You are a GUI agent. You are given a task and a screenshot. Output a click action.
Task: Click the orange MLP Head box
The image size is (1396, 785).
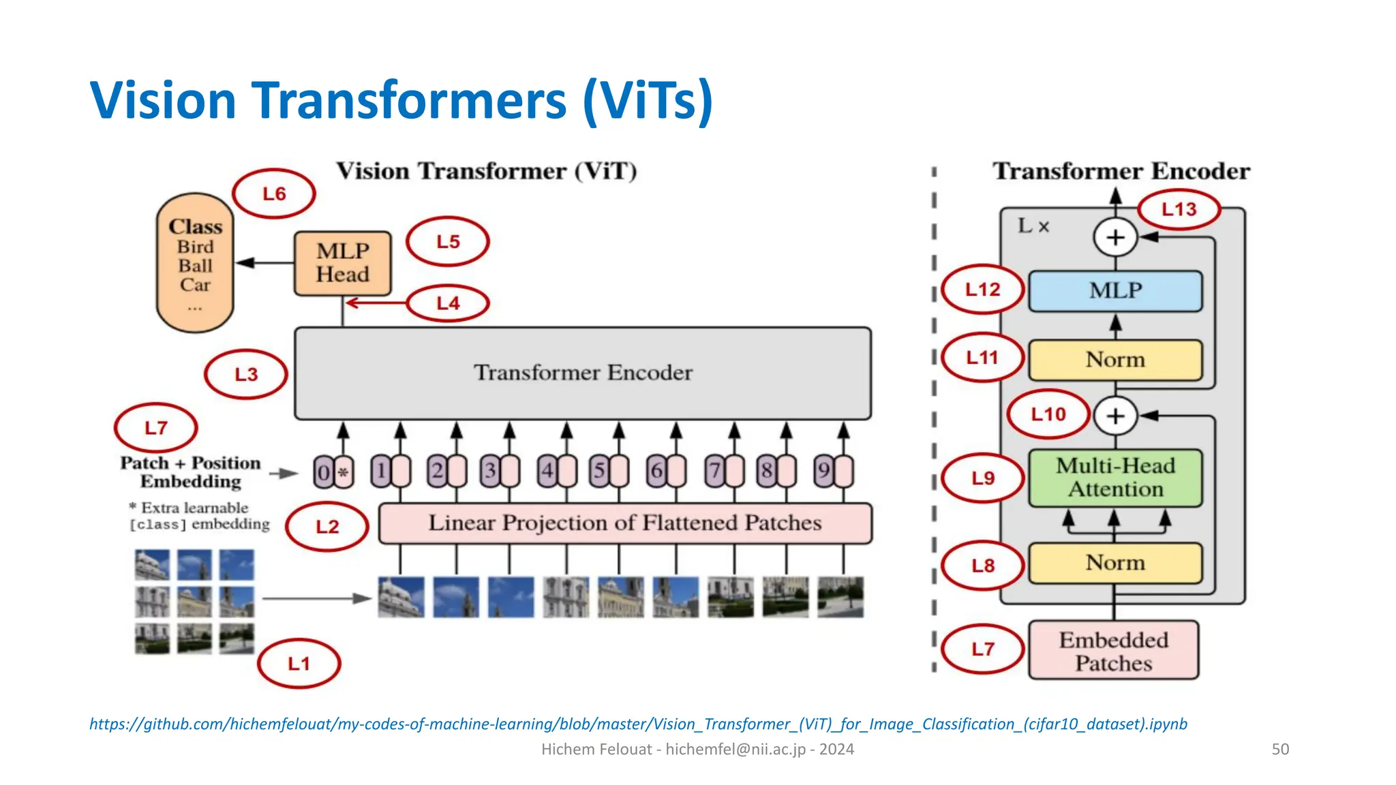coord(342,263)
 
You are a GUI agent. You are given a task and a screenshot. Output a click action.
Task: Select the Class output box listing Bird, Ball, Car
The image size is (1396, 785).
coord(195,263)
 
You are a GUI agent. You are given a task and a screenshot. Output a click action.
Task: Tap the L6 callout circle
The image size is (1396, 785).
coord(274,194)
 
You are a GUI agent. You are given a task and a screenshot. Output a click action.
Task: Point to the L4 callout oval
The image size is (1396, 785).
coord(448,303)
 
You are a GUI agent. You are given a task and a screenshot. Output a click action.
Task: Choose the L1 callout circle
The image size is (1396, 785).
coord(299,663)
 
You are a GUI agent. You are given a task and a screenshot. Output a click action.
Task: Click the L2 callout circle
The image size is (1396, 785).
coord(327,526)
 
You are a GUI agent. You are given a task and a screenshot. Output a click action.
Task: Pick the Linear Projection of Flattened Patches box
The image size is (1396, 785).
coord(624,523)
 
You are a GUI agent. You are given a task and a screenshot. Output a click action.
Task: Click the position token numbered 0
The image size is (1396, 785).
coord(324,472)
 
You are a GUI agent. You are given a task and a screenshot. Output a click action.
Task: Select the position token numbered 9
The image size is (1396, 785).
coord(823,471)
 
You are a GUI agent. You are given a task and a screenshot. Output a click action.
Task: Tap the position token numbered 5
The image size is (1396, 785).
coord(599,471)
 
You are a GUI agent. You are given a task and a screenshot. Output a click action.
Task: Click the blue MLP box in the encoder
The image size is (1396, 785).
coord(1115,291)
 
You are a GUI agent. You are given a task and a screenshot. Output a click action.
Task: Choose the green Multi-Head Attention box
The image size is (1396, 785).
coord(1115,478)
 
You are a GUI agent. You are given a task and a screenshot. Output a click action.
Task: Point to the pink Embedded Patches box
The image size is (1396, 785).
coord(1113,650)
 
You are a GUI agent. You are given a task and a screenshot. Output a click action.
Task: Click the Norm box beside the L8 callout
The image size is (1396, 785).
coord(1115,563)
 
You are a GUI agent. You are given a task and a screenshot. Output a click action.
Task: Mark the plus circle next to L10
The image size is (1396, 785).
coord(1115,416)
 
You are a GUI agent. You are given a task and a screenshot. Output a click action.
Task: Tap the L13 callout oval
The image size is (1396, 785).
coord(1179,209)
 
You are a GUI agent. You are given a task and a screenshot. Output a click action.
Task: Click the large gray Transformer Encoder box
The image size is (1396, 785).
coord(583,373)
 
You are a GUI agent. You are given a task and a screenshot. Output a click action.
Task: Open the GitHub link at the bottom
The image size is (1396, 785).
coord(638,724)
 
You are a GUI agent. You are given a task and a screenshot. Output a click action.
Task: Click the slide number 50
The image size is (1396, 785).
coord(1280,749)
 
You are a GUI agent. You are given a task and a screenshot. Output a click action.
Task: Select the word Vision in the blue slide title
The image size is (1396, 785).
coord(163,100)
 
